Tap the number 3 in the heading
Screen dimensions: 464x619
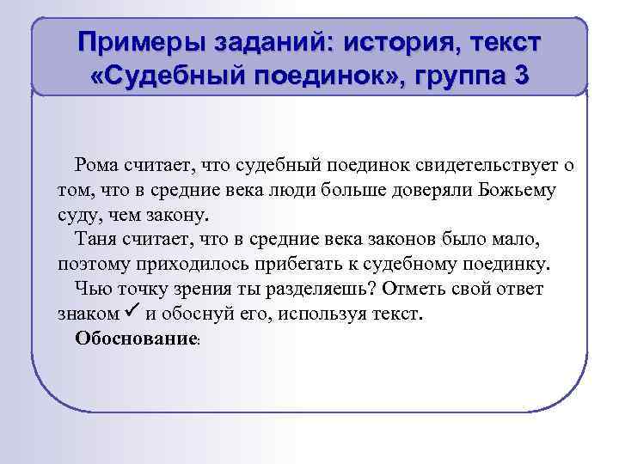tap(519, 76)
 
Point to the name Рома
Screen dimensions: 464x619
tap(98, 164)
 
